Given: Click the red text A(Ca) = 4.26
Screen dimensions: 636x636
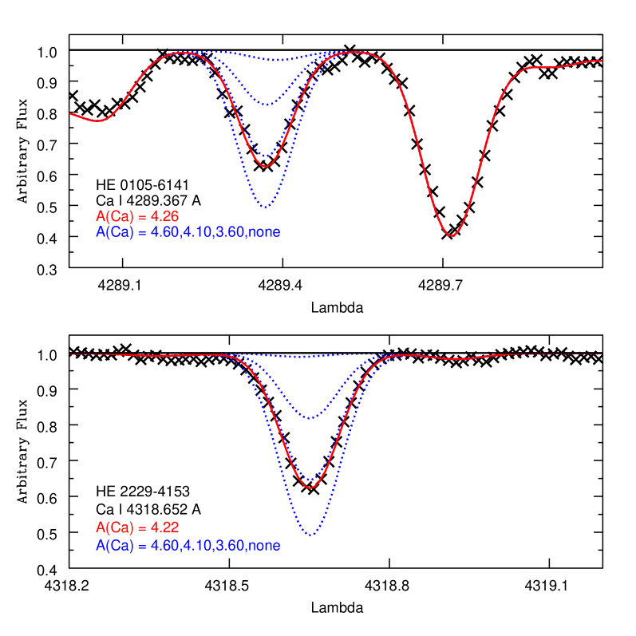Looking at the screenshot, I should click(136, 216).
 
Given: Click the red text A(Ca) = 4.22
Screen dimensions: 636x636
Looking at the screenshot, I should click(136, 527).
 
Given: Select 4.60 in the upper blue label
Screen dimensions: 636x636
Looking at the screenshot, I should click(165, 232).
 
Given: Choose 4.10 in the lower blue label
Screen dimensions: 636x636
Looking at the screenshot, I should click(198, 546).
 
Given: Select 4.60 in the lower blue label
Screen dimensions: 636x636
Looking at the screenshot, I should click(165, 546).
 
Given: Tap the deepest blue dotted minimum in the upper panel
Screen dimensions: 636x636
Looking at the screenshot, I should click(265, 207).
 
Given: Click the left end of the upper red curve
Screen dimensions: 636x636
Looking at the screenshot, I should click(70, 113).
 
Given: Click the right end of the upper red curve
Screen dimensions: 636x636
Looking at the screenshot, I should click(602, 60).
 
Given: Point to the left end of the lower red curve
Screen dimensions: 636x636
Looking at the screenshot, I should click(70, 354).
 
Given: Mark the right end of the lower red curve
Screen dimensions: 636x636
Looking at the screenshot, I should click(602, 354).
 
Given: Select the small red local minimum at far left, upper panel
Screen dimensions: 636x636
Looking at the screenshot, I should click(98, 121).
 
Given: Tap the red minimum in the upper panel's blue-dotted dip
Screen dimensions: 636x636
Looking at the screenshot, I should click(265, 166).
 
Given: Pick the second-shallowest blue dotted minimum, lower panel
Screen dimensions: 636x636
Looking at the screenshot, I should click(312, 417).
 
